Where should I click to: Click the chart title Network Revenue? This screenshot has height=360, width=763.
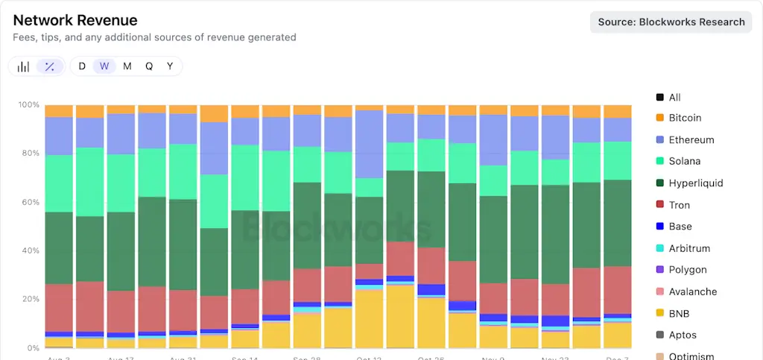pos(75,20)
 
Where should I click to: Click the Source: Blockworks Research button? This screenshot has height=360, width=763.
pos(671,22)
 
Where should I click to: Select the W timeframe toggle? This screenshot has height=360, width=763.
pos(104,66)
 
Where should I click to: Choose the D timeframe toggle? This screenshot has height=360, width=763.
pos(82,66)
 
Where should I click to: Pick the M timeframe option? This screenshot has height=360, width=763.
pos(127,66)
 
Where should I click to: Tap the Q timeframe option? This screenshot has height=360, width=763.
pos(149,66)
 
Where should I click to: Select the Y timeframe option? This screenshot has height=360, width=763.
pos(170,66)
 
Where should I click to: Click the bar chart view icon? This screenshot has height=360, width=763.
pos(24,66)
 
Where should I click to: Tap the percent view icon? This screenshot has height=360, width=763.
pos(49,66)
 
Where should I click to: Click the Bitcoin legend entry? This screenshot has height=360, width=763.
pos(685,118)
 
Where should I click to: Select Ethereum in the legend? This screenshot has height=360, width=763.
pos(691,139)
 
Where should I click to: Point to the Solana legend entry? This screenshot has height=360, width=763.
pos(684,161)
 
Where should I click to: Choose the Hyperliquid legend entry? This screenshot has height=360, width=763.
pos(695,183)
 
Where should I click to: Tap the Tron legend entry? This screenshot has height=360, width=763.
pos(679,205)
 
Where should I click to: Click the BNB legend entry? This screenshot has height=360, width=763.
pos(680,313)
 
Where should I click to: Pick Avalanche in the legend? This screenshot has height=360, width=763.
pos(692,291)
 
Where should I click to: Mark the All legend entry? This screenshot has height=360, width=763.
pos(674,97)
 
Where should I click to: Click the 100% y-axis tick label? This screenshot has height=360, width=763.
pos(28,104)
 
